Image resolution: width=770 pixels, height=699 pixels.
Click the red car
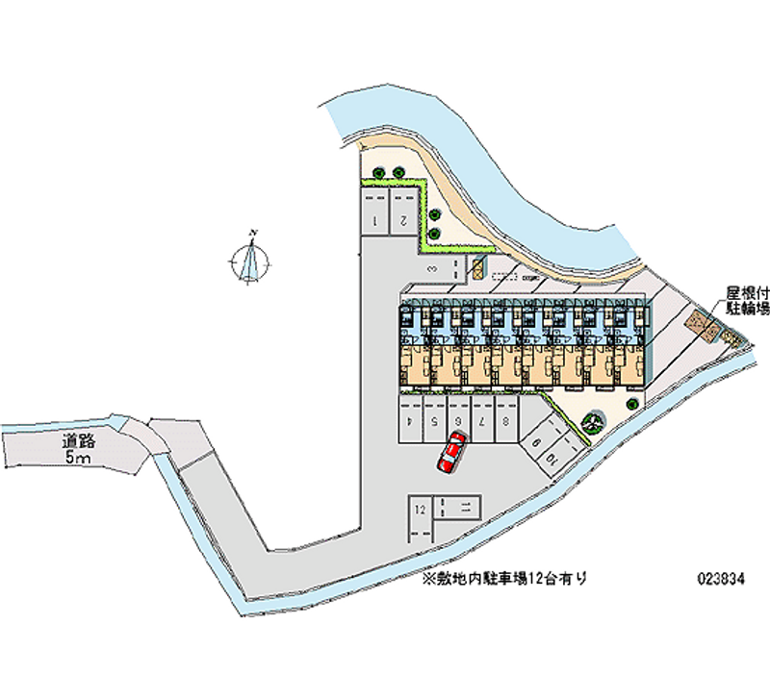coord(451,452)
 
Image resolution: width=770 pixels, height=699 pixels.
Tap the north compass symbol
coord(252,261)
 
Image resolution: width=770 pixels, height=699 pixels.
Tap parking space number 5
coord(435,420)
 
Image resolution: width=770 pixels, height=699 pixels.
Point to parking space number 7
coord(481,420)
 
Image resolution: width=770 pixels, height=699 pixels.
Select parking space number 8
coord(504,420)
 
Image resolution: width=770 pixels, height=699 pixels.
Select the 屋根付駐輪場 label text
coord(747,300)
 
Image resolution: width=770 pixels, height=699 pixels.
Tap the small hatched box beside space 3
coord(477,267)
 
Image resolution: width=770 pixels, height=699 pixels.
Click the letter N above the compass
coord(252,234)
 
